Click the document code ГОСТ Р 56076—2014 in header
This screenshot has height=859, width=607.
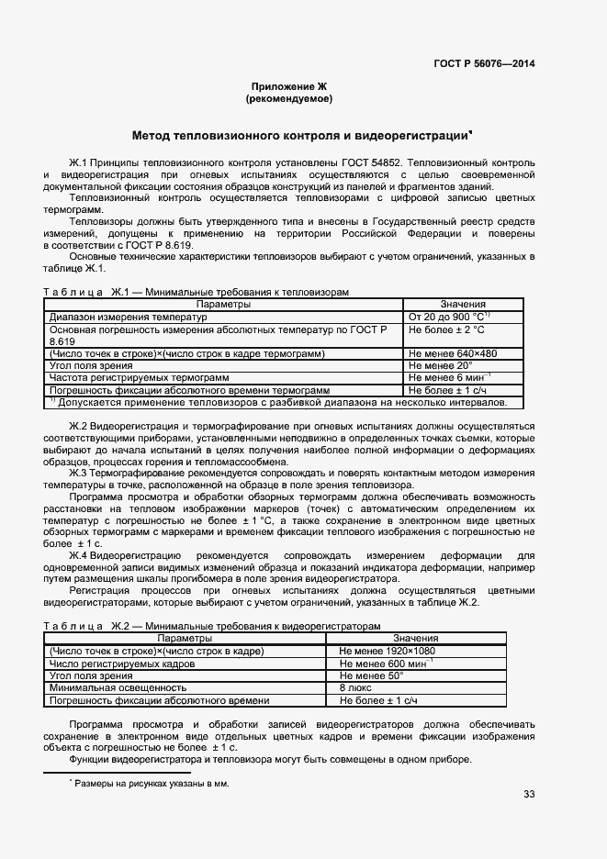[x=484, y=64]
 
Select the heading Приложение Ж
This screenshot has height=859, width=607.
[x=289, y=85]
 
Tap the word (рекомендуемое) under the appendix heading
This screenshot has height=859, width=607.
[x=289, y=98]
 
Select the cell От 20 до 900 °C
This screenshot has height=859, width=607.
[x=447, y=317]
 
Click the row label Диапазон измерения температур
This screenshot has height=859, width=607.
[x=129, y=317]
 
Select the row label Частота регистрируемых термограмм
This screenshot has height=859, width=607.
[x=139, y=377]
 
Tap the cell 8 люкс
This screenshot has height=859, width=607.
[x=355, y=686]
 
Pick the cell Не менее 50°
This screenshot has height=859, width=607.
[x=372, y=675]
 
